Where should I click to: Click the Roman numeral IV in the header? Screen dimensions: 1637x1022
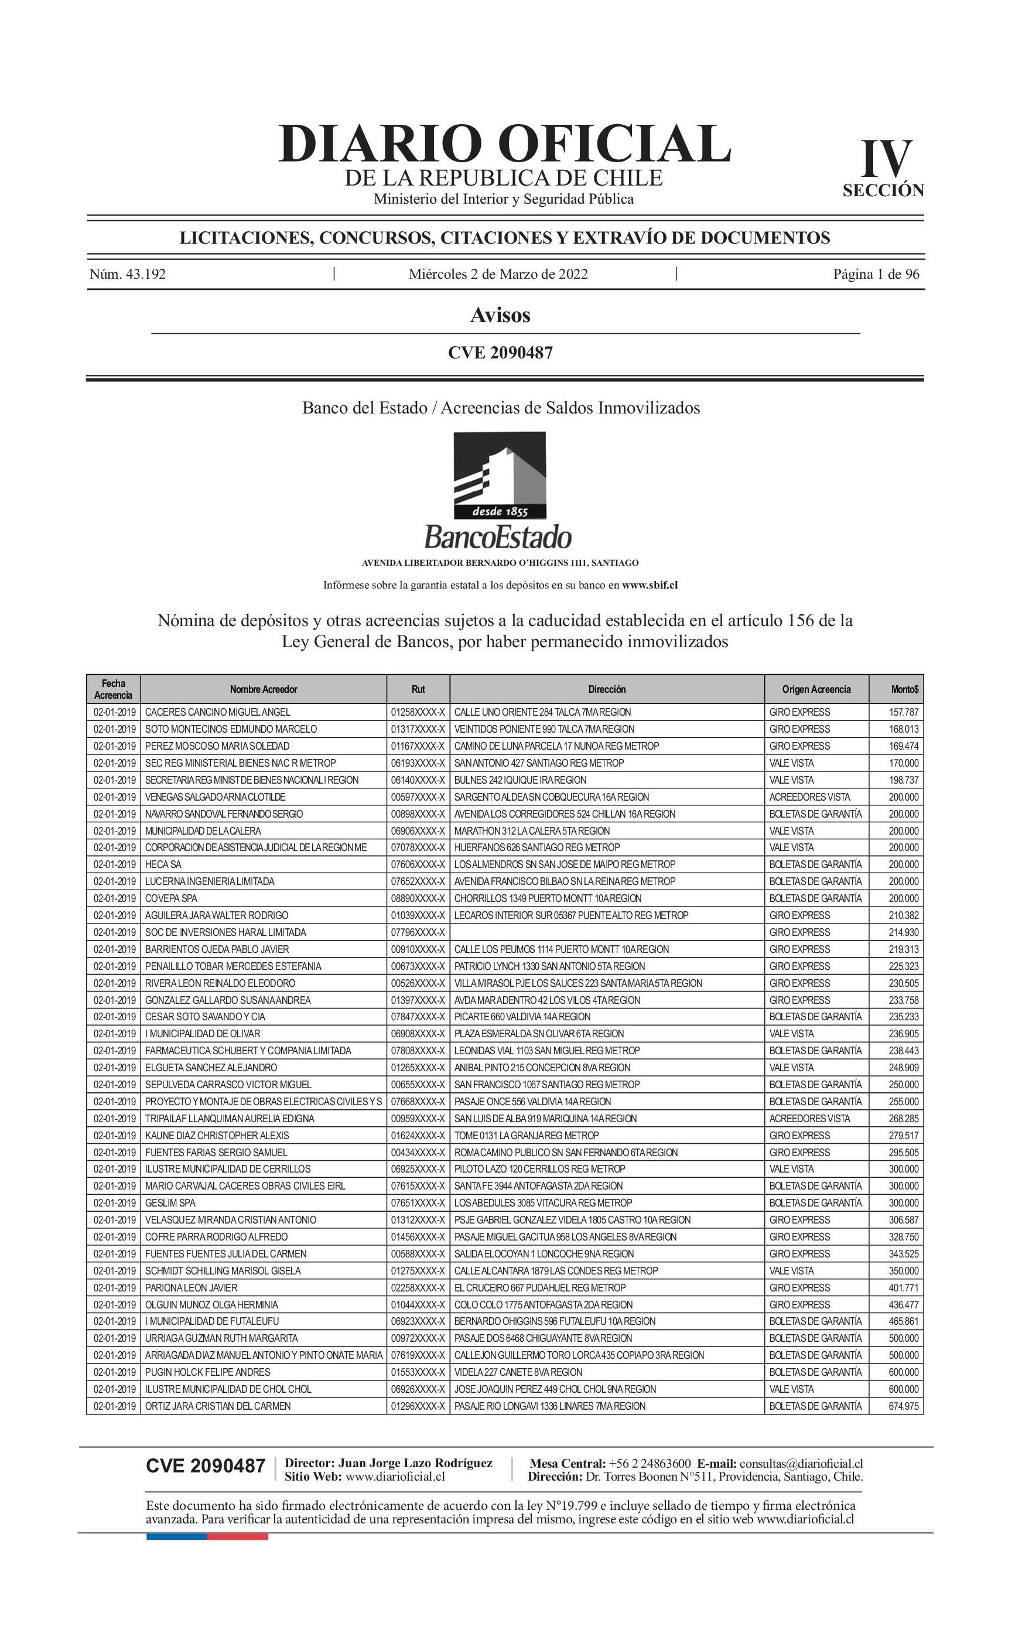pyautogui.click(x=886, y=160)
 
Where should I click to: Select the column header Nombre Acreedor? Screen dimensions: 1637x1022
pyautogui.click(x=263, y=689)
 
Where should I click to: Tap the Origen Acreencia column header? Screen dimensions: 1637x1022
pyautogui.click(x=816, y=689)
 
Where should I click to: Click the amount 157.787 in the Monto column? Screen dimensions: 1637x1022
pyautogui.click(x=903, y=712)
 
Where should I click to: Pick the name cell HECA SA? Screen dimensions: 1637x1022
pyautogui.click(x=163, y=864)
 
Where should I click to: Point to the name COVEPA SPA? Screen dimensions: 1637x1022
pyautogui.click(x=171, y=898)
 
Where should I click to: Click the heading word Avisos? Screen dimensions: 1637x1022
pyautogui.click(x=500, y=315)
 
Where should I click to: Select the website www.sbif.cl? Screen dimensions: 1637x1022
pyautogui.click(x=650, y=585)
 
